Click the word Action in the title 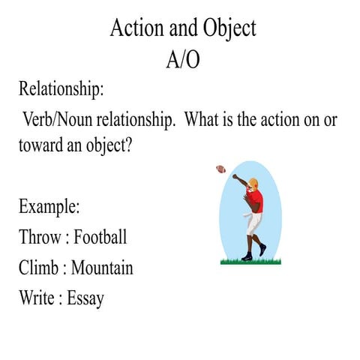pos(132,28)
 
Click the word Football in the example pos(100,237)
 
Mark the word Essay pos(85,298)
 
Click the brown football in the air pos(220,169)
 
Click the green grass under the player pos(250,261)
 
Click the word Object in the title pos(228,28)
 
